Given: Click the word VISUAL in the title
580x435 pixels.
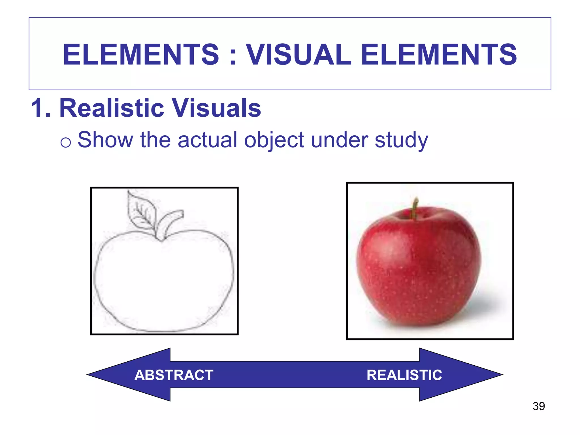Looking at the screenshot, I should click(x=299, y=54).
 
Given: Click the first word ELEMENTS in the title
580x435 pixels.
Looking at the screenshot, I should click(x=141, y=54).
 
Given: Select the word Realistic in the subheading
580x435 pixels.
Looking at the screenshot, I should click(x=112, y=108).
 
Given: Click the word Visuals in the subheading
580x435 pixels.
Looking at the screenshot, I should click(x=217, y=108).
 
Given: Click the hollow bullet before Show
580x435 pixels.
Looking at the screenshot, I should click(x=66, y=142).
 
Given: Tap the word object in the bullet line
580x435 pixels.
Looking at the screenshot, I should click(x=274, y=140).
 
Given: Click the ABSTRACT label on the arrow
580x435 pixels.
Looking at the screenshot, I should click(x=174, y=375).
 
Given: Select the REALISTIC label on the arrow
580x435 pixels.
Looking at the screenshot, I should click(x=404, y=375).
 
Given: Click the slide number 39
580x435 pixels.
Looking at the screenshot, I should click(x=539, y=406).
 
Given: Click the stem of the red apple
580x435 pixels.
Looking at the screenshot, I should click(x=415, y=208).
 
